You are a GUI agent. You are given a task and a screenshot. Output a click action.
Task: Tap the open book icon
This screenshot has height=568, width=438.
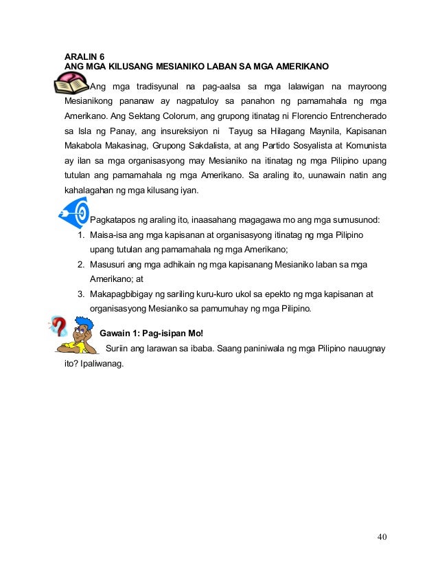[x=71, y=89]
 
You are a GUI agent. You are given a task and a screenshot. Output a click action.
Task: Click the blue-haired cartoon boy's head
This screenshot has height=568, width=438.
[x=83, y=326]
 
